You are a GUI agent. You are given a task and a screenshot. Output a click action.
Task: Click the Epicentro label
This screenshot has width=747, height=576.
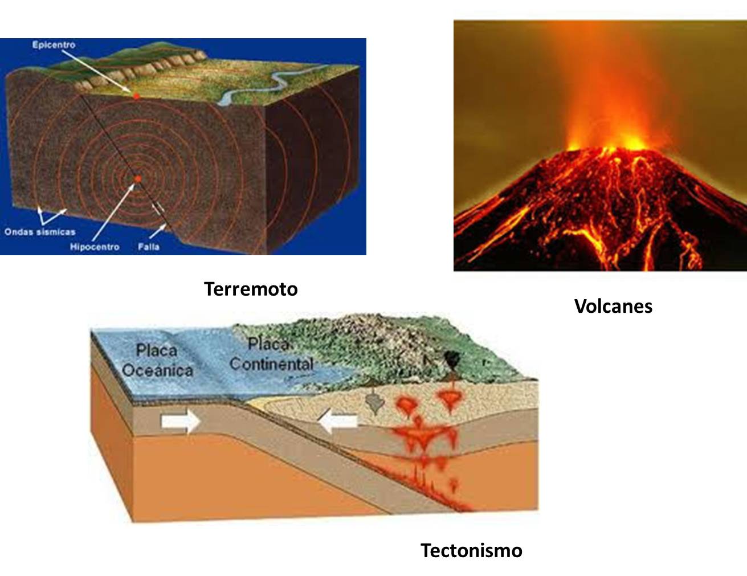coord(54,44)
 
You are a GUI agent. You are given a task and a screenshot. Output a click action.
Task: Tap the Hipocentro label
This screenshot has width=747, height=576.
coord(95,247)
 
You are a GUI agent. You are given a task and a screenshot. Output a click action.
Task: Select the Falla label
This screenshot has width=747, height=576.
coord(149,247)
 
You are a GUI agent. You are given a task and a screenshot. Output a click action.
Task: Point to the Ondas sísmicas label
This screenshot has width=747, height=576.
coord(40,232)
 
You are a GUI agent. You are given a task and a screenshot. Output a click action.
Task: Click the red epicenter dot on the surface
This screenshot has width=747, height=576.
coord(137,96)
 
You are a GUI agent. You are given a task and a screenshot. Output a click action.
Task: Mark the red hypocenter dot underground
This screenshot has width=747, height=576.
coord(138,179)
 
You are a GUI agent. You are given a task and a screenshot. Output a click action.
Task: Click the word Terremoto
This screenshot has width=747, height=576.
coord(251,289)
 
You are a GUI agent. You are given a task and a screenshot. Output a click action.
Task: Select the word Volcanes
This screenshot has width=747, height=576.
coord(613,306)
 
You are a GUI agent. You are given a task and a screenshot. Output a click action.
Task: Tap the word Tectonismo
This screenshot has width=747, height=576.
coord(471,550)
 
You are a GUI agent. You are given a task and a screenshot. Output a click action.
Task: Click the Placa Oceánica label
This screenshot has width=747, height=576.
coord(157,361)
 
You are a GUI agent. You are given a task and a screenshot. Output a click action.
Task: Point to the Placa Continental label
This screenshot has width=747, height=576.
coord(272,354)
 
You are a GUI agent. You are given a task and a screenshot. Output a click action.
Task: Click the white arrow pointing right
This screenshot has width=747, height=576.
coord(181,421)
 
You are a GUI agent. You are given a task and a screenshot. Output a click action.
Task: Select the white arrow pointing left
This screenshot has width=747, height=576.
coord(338,421)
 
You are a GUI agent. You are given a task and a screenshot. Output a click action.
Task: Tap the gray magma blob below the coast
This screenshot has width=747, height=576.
coord(375,403)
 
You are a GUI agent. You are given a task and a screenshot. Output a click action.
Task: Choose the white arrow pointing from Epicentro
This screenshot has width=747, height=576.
coord(97,71)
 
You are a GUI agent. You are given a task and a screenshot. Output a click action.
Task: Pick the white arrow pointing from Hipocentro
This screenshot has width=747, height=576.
coord(114,212)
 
